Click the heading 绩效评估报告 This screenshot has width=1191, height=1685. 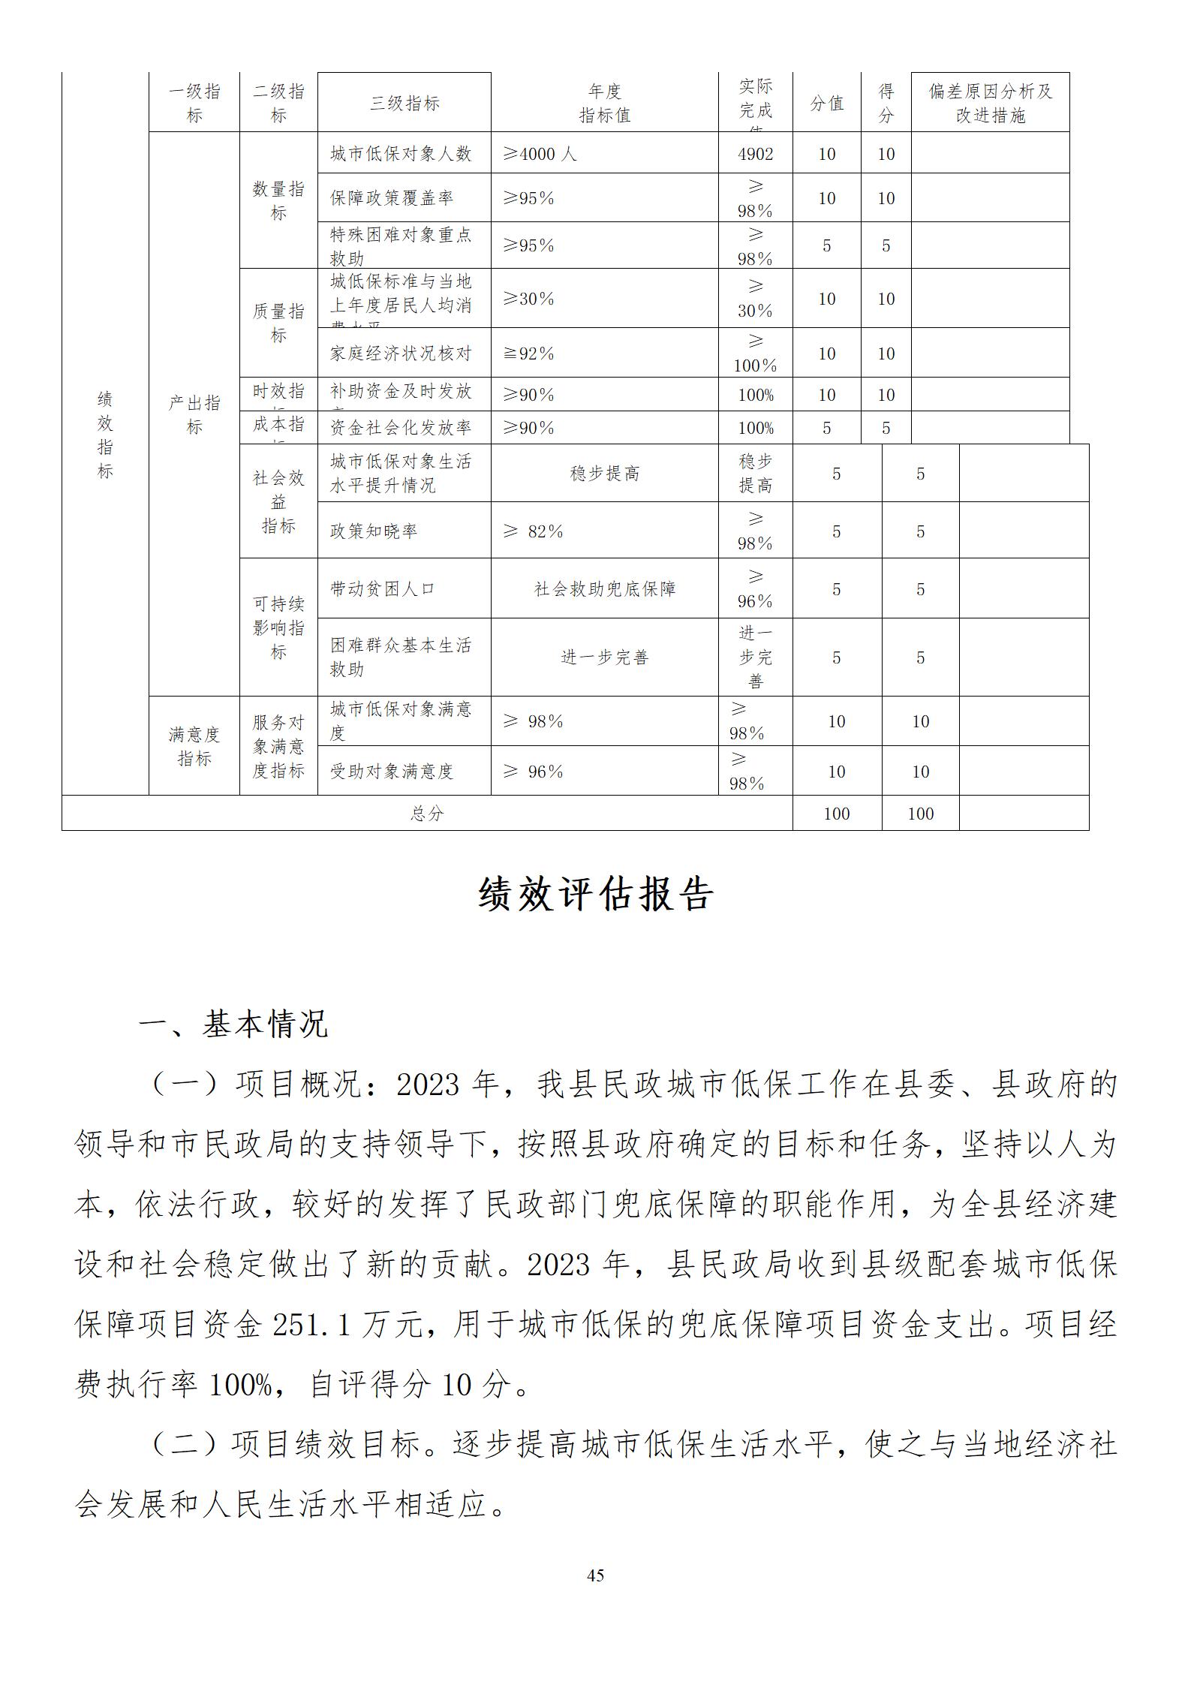pos(595,895)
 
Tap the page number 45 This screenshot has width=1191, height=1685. pos(595,1575)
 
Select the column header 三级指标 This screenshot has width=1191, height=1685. pos(404,104)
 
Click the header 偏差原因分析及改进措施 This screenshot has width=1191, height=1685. pos(990,104)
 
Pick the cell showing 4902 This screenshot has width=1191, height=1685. pos(755,154)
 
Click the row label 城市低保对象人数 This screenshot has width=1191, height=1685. pos(401,154)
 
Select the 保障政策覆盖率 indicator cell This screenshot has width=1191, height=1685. pos(392,198)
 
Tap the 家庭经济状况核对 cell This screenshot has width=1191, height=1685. pos(401,354)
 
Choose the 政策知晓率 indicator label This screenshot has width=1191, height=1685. pos(373,531)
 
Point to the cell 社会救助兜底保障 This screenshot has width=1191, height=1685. pos(604,589)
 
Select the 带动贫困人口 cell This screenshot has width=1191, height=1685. pos(382,589)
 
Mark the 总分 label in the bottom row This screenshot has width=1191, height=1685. pos(426,814)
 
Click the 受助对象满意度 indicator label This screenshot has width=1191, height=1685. pos(392,772)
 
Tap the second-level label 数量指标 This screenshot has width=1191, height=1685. pos(278,201)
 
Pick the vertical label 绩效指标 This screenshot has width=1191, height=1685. pos(105,435)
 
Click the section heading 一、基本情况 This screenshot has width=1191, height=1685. pos(233,1025)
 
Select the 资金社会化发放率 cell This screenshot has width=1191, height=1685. pos(401,428)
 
